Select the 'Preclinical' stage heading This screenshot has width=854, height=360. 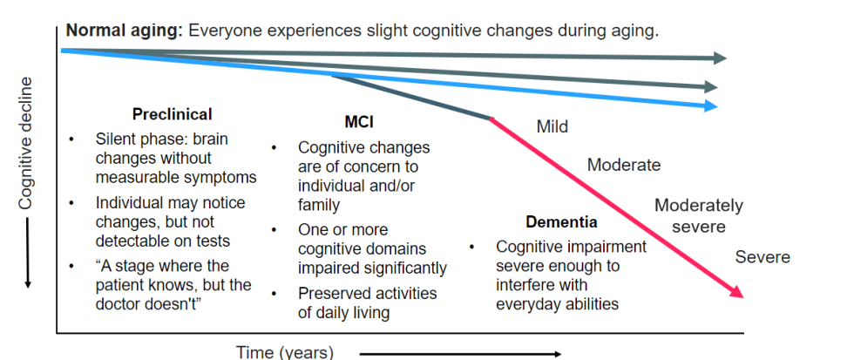(172, 114)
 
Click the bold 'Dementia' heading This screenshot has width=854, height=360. (561, 222)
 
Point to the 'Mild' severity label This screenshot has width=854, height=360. (552, 127)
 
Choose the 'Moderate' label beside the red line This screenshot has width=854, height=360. (624, 165)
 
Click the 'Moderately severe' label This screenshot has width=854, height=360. (698, 216)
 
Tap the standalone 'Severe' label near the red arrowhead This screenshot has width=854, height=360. (762, 257)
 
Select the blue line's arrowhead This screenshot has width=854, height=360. (712, 105)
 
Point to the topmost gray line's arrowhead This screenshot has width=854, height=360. (721, 58)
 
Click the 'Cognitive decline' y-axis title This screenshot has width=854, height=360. (26, 144)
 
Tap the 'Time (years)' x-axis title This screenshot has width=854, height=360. (284, 352)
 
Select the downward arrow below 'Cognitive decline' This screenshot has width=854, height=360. (26, 256)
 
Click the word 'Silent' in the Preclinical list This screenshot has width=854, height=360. (116, 139)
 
